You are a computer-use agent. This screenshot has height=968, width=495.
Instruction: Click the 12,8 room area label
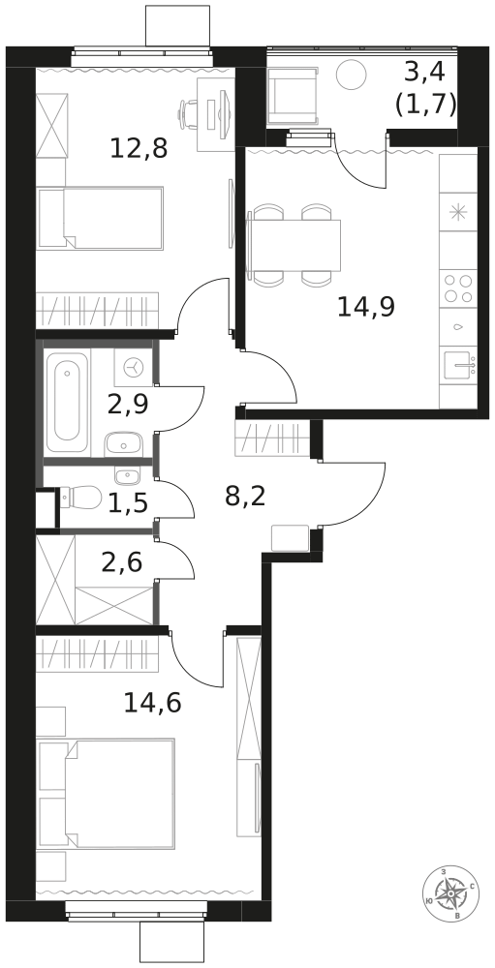coord(139,149)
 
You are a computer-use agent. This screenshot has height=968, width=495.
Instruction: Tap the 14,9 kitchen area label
coord(366,306)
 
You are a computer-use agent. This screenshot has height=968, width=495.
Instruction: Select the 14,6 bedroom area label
coord(153,703)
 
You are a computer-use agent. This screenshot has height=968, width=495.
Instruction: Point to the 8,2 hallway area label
coord(245,496)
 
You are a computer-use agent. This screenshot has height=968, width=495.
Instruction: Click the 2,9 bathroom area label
coord(128,405)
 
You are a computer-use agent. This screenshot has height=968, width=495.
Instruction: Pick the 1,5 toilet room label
coord(128,503)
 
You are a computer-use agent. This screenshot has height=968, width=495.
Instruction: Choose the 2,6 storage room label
coord(122,562)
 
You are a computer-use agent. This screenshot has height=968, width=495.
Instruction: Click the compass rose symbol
coord(450,892)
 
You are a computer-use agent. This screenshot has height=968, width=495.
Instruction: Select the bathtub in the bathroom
coord(68,403)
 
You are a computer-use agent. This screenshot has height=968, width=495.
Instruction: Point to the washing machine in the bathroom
coord(133,368)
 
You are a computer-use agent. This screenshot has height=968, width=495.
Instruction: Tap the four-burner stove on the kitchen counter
coord(458,288)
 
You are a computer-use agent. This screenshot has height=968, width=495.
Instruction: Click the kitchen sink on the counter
coord(458,367)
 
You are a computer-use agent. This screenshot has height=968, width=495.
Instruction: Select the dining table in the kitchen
coord(294,245)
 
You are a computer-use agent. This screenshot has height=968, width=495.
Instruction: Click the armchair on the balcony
coord(294,97)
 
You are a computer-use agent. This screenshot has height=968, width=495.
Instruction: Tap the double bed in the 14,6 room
coord(107,794)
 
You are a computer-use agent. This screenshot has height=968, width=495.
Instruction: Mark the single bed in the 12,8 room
coord(100,219)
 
